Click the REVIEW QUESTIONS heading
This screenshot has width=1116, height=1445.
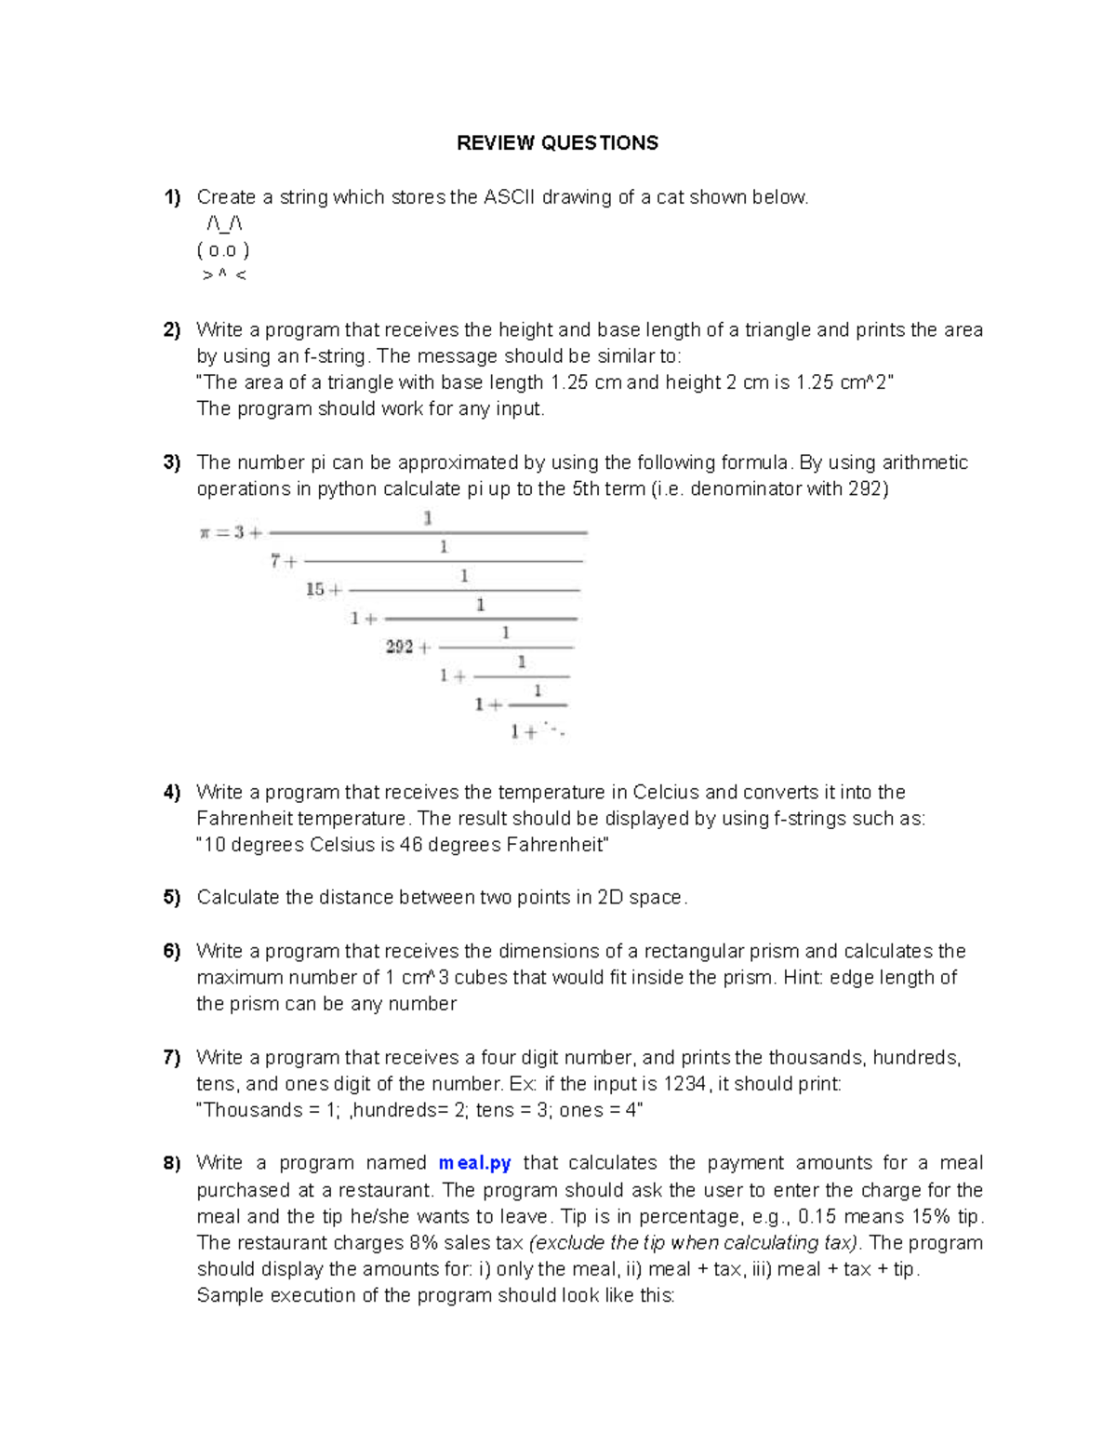pos(557,142)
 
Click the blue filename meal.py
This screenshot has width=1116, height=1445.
pos(474,1163)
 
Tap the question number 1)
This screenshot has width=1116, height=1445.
pos(172,197)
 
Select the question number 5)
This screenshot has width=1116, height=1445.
pos(172,898)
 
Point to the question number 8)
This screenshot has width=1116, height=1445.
pos(172,1163)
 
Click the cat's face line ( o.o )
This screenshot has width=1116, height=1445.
pos(223,250)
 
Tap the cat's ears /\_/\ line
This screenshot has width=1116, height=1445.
pos(224,224)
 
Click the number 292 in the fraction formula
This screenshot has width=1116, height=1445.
pos(400,647)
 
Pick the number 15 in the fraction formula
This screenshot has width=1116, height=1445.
pos(315,589)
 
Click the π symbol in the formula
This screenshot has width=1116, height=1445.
pos(205,533)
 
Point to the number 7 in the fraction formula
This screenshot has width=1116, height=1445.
pos(275,561)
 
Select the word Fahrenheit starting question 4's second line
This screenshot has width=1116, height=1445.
pos(241,819)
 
